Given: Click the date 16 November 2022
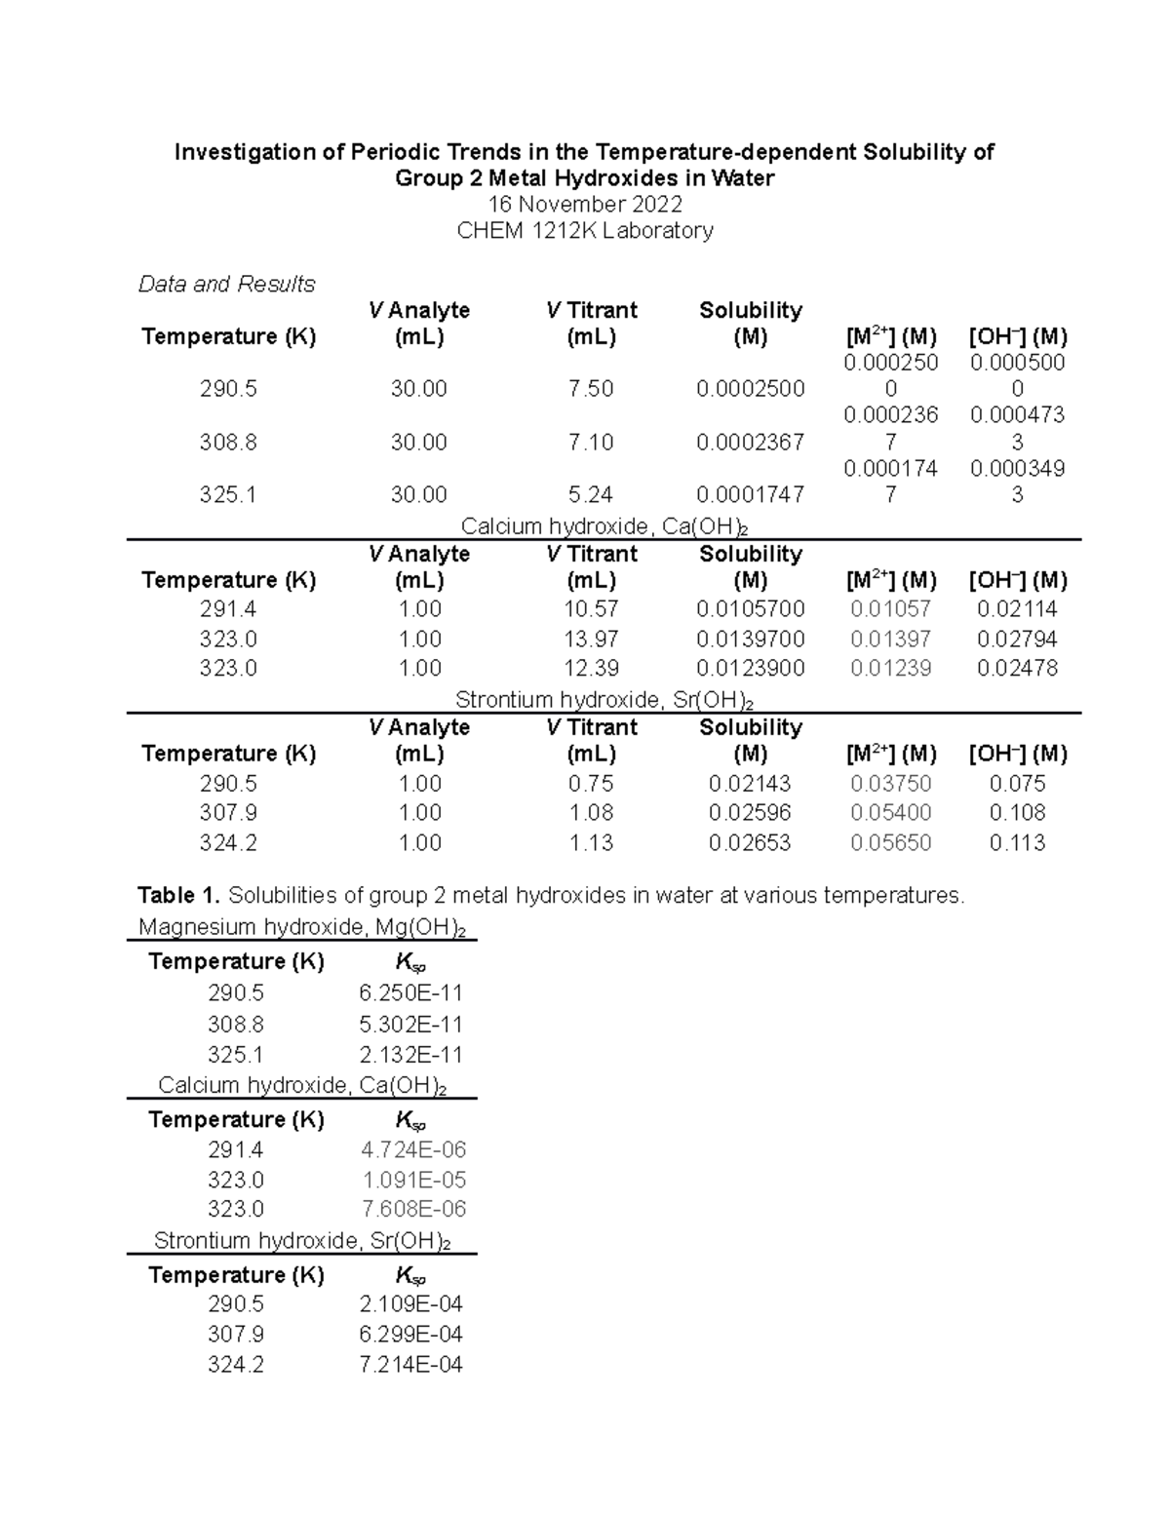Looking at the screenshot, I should (x=585, y=204).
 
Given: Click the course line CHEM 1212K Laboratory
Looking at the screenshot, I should (x=585, y=230).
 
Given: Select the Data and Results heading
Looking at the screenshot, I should (x=226, y=284).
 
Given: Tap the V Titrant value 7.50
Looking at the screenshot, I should (x=591, y=389).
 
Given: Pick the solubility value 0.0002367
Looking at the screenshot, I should (x=750, y=443).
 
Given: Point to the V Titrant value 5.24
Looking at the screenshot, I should (x=591, y=495).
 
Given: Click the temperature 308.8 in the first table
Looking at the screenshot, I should (x=228, y=443).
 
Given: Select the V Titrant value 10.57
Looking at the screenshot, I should (x=591, y=609).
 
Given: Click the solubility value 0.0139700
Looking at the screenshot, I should (x=750, y=640).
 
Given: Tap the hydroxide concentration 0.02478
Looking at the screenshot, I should (x=1017, y=669).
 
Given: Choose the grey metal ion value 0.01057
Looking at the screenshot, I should (x=890, y=609).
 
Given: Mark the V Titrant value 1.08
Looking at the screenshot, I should (x=591, y=813).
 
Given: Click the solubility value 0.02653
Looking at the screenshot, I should (x=750, y=843).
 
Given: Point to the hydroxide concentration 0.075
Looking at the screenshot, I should (x=1017, y=784).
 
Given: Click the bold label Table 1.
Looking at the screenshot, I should (x=178, y=895).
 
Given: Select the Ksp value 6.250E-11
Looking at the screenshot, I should (x=410, y=993).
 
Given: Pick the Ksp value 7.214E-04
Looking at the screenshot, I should (x=410, y=1365).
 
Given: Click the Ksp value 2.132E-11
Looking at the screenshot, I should (x=410, y=1055).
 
